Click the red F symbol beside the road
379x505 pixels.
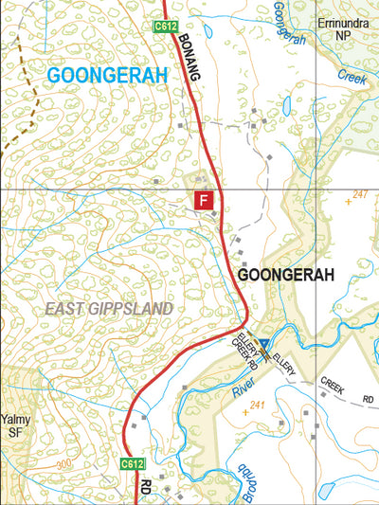(x=203, y=199)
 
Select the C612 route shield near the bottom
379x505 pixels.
(x=132, y=463)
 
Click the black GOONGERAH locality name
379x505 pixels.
(x=287, y=275)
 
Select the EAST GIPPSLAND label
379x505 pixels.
(x=109, y=309)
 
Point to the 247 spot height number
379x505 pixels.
(x=359, y=194)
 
